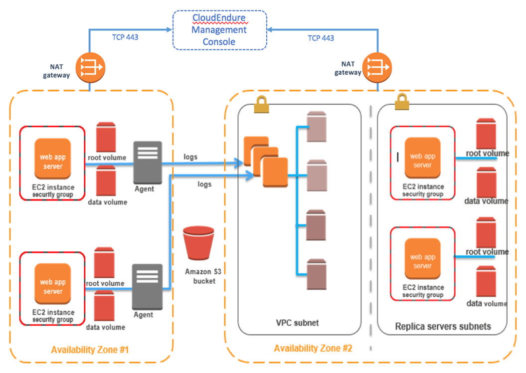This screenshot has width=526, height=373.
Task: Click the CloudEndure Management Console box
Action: [219, 30]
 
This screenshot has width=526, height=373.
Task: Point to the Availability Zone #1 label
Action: [90, 350]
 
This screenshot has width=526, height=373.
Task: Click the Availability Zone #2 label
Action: [313, 348]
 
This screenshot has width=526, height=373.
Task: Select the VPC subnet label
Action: [298, 323]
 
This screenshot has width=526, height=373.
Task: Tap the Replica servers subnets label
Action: [443, 327]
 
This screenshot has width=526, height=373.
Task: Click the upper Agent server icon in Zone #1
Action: [148, 162]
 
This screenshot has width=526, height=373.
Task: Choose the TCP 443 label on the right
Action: [321, 38]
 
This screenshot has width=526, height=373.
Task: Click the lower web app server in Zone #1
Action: [52, 287]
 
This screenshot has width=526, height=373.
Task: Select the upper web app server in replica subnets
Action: [422, 160]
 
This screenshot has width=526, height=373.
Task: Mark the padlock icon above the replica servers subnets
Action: [402, 102]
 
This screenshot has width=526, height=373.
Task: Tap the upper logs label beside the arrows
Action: [190, 157]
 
